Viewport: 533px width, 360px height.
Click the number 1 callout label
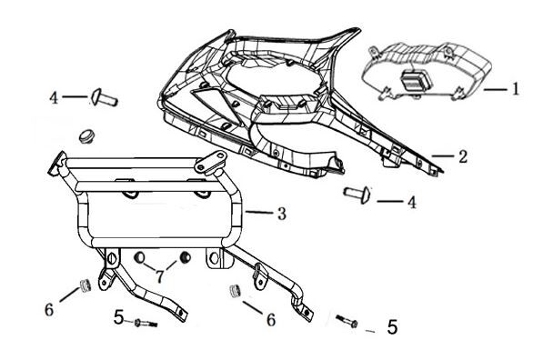[516, 89]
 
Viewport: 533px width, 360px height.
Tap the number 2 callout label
[463, 156]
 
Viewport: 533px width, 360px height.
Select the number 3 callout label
[282, 214]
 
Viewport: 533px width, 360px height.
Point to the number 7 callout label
[160, 275]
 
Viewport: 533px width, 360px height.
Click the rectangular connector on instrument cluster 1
[416, 80]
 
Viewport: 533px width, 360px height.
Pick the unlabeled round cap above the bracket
[87, 135]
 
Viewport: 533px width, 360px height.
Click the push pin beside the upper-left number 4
[105, 97]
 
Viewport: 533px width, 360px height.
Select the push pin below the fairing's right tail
[357, 195]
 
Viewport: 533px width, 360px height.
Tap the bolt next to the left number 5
[146, 324]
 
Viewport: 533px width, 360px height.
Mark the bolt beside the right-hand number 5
[347, 321]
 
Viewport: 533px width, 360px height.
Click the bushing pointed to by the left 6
[85, 285]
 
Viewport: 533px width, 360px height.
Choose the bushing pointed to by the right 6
[235, 291]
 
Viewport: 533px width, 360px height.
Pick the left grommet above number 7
[139, 258]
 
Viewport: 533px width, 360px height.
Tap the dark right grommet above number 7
[185, 257]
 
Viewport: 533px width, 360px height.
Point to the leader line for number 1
[495, 90]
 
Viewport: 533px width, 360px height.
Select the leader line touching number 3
[259, 213]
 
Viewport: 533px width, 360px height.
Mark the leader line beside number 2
[443, 155]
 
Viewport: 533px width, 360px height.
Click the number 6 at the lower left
[49, 310]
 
